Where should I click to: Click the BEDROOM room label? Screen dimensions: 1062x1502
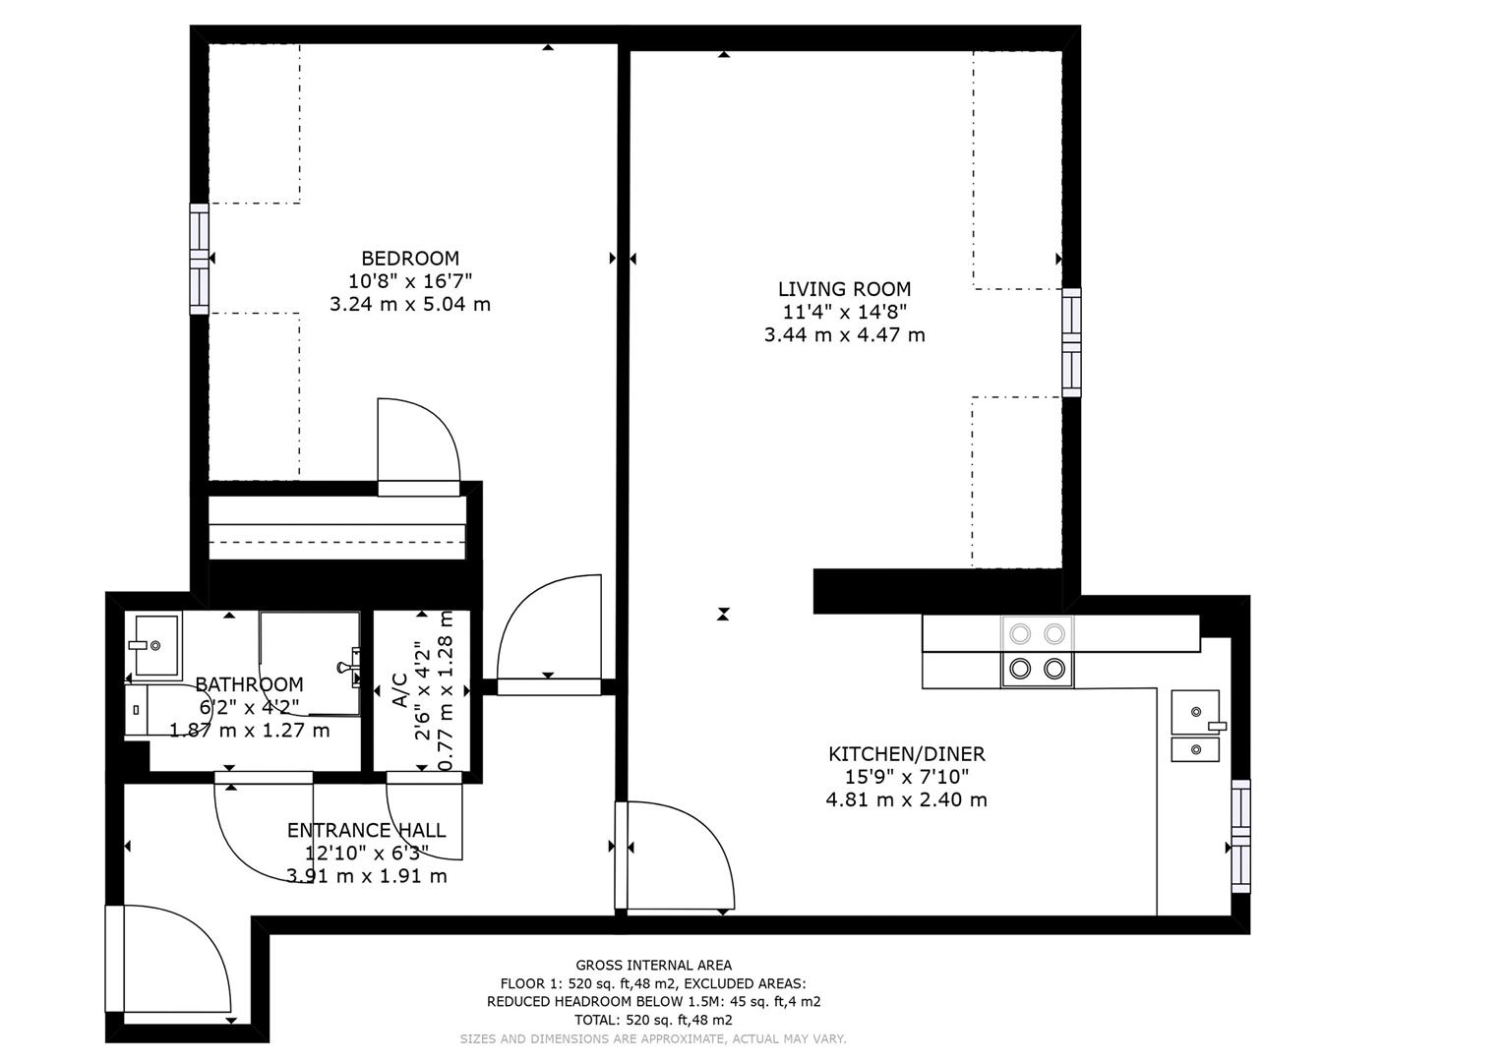tap(410, 259)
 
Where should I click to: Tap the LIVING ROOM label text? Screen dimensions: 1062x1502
tap(844, 289)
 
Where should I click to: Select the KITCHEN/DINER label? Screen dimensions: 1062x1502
tap(906, 754)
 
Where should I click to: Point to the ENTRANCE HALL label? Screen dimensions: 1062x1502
tap(366, 830)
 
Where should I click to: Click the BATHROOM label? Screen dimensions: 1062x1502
tap(249, 684)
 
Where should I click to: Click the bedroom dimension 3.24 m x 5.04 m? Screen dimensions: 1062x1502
tap(409, 304)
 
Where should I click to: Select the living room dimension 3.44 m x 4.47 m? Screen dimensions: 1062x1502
tap(844, 334)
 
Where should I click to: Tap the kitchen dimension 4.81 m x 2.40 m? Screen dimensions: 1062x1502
tap(906, 799)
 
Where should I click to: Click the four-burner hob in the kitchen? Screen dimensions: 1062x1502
tap(1038, 651)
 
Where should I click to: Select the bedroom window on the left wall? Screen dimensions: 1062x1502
tap(200, 258)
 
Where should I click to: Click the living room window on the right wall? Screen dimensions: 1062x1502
tap(1071, 342)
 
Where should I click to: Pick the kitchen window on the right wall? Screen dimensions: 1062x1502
tap(1240, 836)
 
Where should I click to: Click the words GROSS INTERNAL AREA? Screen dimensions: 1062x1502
tap(653, 966)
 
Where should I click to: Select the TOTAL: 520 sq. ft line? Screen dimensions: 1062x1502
tap(653, 1020)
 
